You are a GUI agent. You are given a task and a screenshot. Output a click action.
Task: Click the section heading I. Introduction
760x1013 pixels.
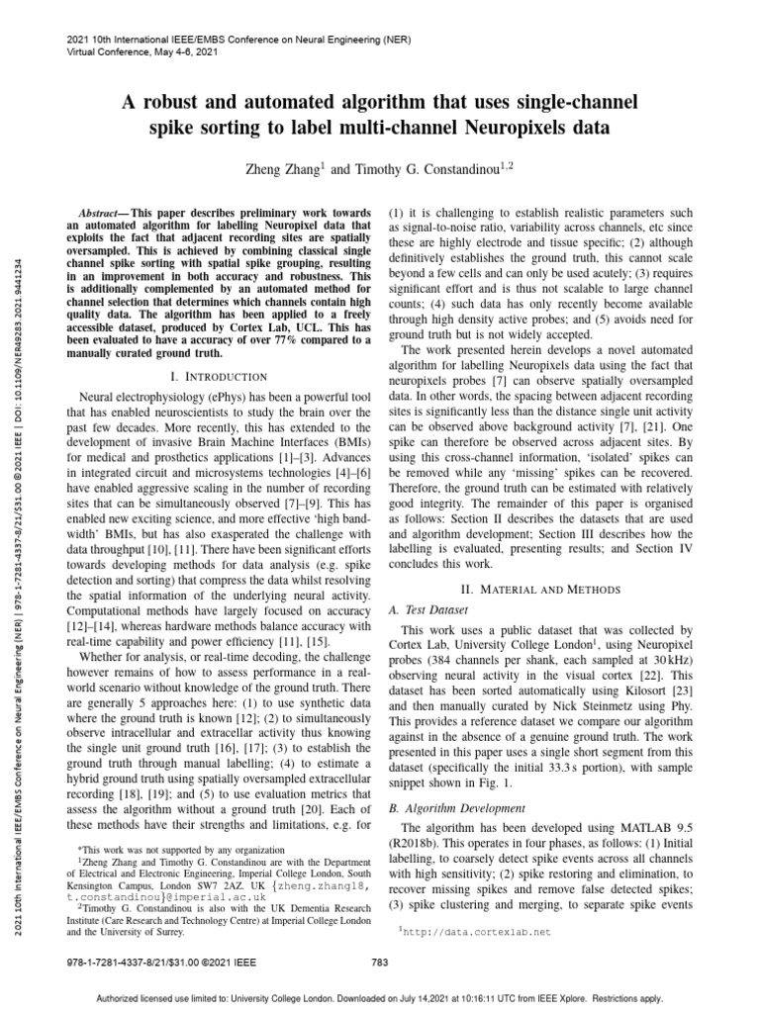(x=220, y=376)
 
